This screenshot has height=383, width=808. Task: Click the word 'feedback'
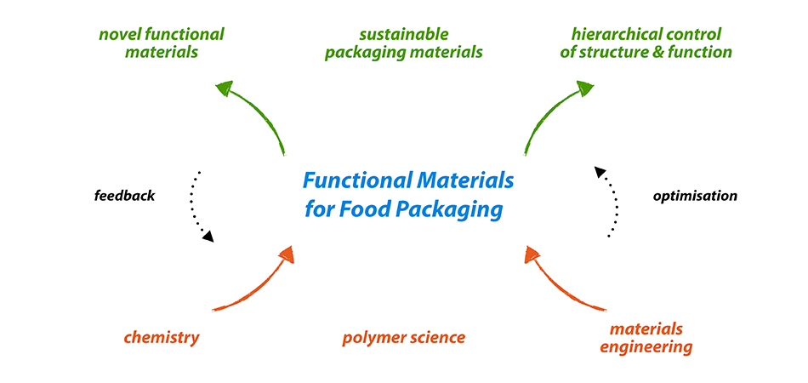124,196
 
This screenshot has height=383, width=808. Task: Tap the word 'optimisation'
695,197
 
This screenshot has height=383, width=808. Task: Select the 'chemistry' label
162,338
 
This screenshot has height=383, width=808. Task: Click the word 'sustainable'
404,35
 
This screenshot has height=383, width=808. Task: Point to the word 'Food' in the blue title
352,211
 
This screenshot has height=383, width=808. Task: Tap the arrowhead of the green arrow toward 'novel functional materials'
225,89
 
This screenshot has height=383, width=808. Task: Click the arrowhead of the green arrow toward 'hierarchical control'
585,89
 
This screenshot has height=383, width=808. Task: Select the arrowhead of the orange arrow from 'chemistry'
287,254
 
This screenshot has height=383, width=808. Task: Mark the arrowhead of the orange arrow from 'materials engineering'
532,254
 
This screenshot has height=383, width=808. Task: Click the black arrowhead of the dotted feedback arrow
208,237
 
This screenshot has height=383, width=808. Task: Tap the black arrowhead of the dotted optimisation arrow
600,172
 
